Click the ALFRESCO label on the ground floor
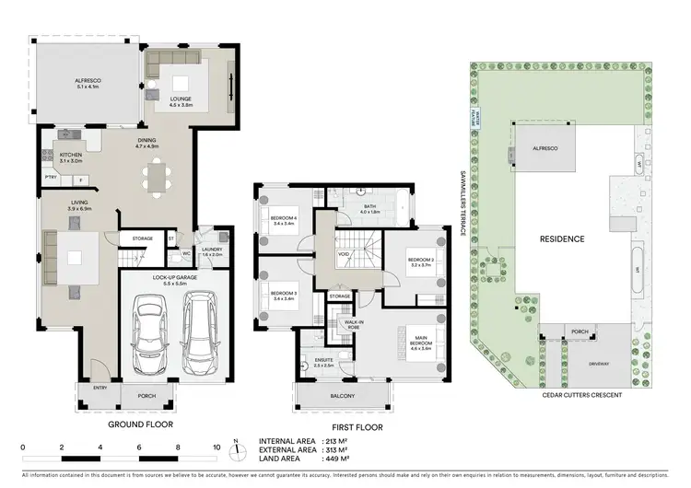88,83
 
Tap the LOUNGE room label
182,102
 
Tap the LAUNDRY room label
213,250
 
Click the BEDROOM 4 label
284,219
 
